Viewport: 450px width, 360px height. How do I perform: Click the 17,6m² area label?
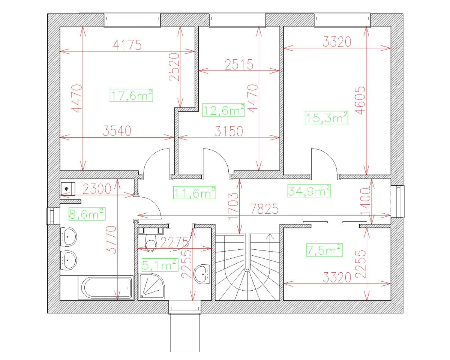(132, 95)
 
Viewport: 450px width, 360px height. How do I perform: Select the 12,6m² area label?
(223, 110)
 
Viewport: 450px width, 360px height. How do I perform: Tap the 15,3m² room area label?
(326, 118)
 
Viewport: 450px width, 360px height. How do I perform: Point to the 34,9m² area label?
(309, 191)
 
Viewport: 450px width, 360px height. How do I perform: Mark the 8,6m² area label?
(87, 214)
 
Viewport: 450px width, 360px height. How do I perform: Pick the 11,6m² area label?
(195, 193)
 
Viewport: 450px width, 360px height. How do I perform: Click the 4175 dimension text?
(127, 45)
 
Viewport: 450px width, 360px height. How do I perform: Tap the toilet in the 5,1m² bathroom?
(151, 243)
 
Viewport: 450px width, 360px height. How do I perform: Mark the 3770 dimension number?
(112, 240)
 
